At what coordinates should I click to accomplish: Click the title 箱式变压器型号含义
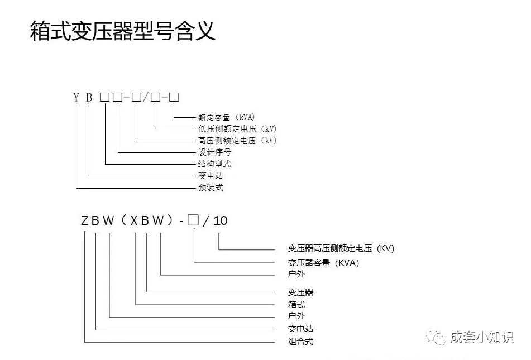[x=122, y=31]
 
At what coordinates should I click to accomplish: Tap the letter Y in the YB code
[x=76, y=97]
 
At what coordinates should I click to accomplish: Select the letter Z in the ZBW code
[x=85, y=220]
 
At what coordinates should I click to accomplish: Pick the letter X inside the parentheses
[x=135, y=220]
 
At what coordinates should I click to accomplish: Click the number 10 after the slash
[x=221, y=220]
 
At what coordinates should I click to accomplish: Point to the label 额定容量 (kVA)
[x=226, y=117]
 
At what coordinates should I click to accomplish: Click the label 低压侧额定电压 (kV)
[x=237, y=129]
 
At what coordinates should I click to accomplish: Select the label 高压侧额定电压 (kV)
[x=237, y=141]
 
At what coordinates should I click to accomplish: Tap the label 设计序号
[x=214, y=152]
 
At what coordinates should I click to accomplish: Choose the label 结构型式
[x=214, y=164]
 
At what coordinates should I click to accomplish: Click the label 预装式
[x=211, y=188]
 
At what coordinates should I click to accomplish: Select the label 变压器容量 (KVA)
[x=323, y=262]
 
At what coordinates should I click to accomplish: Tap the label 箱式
[x=296, y=305]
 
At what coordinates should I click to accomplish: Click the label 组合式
[x=300, y=342]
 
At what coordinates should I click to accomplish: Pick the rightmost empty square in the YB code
[x=174, y=97]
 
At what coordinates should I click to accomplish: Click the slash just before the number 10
[x=206, y=220]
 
